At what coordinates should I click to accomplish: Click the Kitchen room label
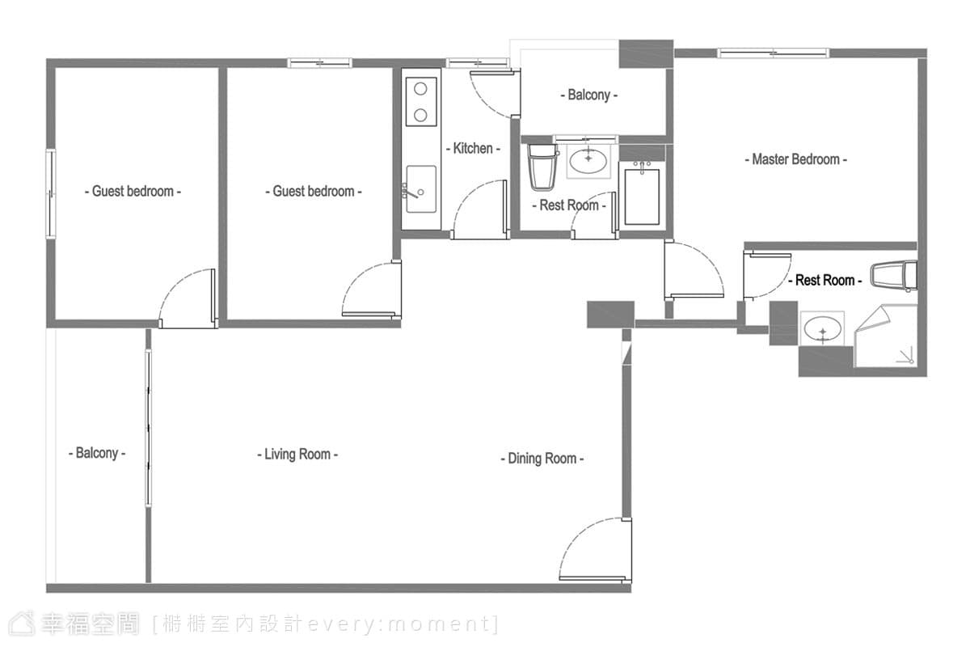click(474, 149)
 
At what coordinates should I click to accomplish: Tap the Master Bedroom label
click(796, 159)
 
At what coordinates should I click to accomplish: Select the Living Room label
click(297, 455)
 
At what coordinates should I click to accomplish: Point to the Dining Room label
click(542, 459)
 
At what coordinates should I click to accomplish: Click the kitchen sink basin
click(421, 189)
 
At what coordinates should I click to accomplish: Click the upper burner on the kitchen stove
click(420, 89)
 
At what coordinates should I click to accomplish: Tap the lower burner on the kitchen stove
click(420, 116)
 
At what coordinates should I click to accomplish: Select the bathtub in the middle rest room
click(642, 197)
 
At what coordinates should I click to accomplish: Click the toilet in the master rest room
click(894, 275)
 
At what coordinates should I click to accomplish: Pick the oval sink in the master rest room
click(822, 328)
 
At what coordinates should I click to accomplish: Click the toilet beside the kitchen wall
click(542, 167)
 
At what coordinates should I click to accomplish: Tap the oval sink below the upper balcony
click(588, 161)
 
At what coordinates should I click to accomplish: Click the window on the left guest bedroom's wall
click(51, 194)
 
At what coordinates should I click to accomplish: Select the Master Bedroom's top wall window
click(774, 53)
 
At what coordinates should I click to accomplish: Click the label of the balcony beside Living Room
click(97, 453)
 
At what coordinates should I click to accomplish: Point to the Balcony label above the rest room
click(589, 95)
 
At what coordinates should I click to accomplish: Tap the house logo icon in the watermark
click(22, 624)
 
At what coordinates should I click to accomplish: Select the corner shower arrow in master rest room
click(906, 355)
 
